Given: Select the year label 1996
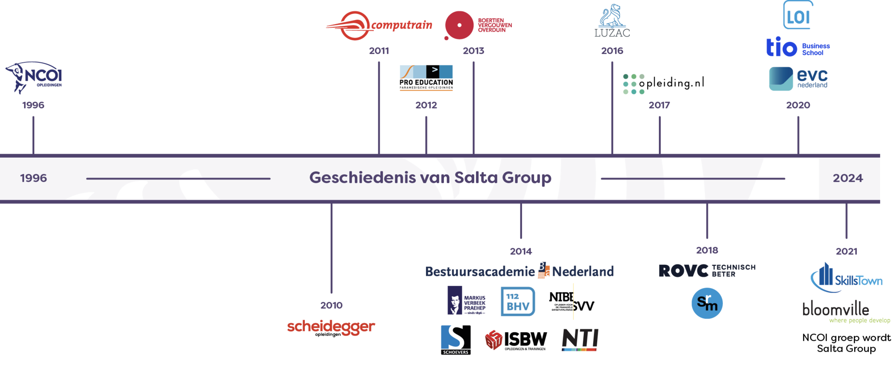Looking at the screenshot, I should (x=33, y=105).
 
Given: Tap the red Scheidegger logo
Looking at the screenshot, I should (x=331, y=327).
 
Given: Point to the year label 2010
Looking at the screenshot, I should (x=331, y=305).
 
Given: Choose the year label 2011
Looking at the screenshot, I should (x=379, y=51).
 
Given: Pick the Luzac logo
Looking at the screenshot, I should (x=612, y=21).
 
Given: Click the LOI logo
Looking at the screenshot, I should (x=798, y=16).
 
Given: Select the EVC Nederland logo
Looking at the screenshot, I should (x=798, y=79).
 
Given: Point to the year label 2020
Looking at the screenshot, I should (x=798, y=105).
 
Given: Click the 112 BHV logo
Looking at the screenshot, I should (x=518, y=301).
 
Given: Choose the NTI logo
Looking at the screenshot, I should (x=580, y=340).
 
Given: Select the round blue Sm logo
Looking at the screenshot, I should (x=707, y=303).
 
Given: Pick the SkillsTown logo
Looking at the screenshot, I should (x=846, y=278).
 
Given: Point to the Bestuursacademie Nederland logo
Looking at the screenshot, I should (x=519, y=271).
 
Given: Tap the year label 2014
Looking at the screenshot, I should (x=521, y=251).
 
